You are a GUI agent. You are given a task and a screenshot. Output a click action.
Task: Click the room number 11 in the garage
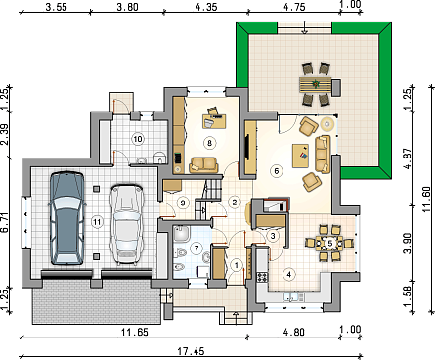97,222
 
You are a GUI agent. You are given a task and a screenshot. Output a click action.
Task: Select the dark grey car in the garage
66,218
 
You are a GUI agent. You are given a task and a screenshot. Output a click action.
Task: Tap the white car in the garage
126,224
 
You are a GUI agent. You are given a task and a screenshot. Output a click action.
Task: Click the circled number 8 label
209,143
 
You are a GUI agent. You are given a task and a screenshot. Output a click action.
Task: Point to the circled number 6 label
277,171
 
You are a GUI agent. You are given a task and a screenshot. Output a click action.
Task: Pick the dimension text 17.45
191,351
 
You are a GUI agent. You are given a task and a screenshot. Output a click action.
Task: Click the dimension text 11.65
135,333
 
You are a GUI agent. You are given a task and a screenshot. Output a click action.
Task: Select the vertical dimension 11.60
430,198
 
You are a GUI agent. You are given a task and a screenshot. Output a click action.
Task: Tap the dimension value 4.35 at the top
206,7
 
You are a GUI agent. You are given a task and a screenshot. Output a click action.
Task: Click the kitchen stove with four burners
262,277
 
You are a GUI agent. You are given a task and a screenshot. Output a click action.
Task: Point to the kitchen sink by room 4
294,297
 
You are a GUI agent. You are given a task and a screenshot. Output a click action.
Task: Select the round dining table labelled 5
329,244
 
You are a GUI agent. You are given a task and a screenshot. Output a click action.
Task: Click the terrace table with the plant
316,85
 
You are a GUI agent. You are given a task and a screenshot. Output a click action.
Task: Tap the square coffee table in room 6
300,156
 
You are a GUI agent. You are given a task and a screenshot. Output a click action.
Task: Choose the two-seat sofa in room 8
203,165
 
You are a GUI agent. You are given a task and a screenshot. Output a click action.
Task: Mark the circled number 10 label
138,139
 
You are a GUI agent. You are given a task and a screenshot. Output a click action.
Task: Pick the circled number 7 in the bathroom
196,248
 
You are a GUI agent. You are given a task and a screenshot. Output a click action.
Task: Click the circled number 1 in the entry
237,265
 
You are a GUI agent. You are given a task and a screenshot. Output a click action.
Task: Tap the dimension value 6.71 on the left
5,223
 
